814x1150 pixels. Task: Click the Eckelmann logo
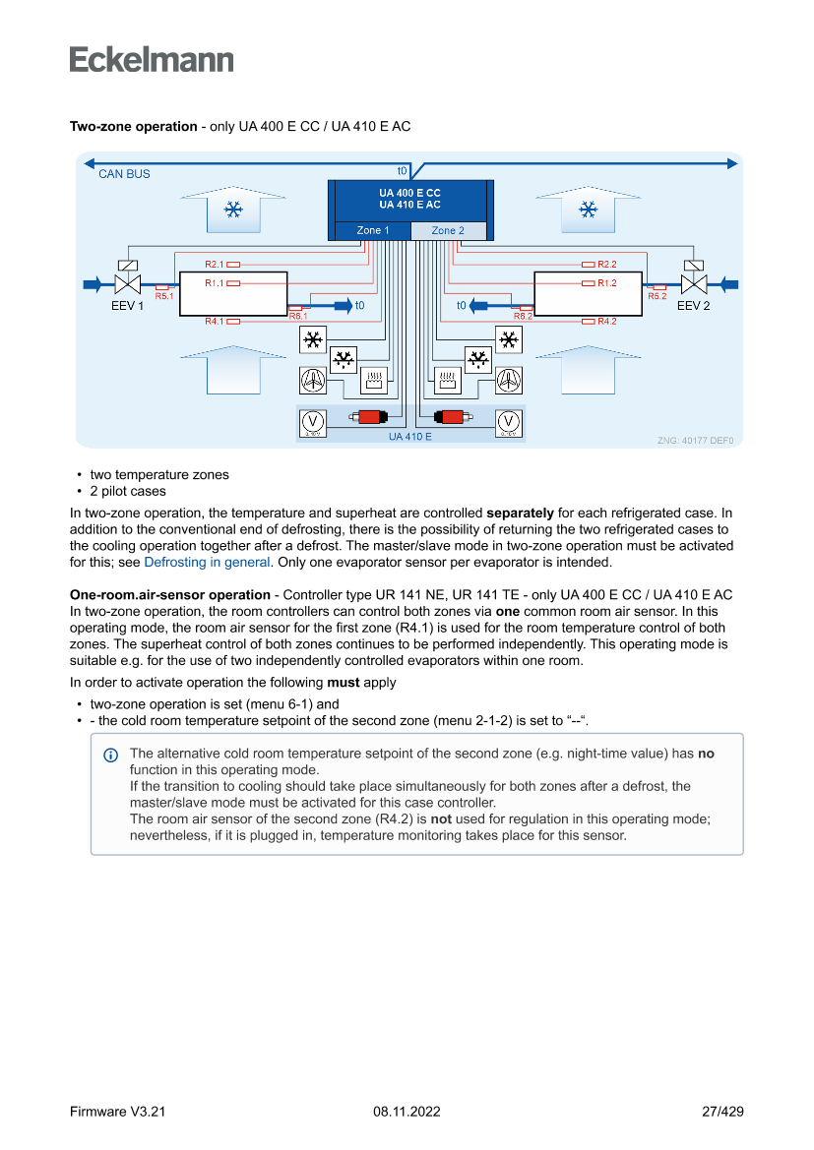[152, 59]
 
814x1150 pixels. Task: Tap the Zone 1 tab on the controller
[373, 230]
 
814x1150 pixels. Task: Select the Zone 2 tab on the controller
[448, 230]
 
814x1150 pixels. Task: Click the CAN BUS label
[124, 174]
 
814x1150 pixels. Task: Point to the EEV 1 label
[127, 306]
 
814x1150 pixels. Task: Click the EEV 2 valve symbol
[696, 284]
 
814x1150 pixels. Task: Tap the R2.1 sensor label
[215, 265]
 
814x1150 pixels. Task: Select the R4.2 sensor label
[606, 322]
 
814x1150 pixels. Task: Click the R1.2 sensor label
[606, 283]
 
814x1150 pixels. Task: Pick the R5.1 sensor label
[164, 296]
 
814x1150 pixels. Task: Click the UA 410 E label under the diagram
[409, 436]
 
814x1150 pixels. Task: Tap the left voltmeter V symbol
[312, 421]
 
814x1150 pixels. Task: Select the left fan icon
[312, 379]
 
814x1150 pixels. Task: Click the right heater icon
[446, 379]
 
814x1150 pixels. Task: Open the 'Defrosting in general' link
[207, 563]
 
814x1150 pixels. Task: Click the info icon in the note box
[110, 755]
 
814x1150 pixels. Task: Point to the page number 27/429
[722, 1112]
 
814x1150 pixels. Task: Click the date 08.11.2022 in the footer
[407, 1112]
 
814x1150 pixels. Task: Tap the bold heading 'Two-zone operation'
[133, 127]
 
